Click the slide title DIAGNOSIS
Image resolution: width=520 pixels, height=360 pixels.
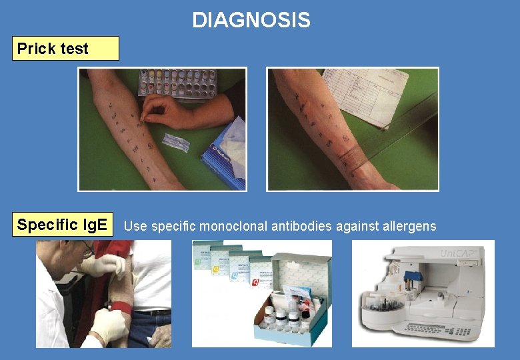[x=251, y=21]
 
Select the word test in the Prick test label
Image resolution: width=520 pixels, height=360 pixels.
[x=74, y=49]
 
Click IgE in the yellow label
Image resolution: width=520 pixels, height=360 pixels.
[x=93, y=225]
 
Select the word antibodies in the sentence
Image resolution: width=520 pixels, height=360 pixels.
[x=300, y=226]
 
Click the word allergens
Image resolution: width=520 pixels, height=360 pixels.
[x=409, y=226]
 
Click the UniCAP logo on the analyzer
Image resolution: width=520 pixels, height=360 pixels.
[x=459, y=254]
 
